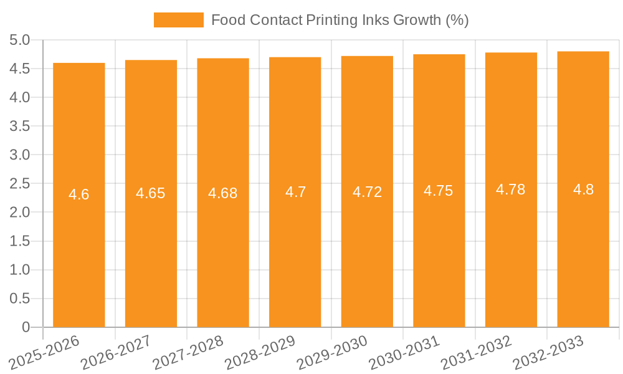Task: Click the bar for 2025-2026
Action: [x=79, y=249]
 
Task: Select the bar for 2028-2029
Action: [x=295, y=249]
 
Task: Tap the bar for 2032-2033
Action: [x=583, y=249]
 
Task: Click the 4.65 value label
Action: [x=151, y=193]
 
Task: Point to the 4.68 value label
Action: [x=223, y=193]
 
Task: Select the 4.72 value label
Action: [x=367, y=192]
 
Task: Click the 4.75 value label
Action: [x=439, y=191]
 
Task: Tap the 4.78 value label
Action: [x=511, y=189]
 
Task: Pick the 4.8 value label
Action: [x=583, y=189]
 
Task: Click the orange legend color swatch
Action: [x=179, y=20]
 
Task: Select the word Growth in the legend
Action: [x=417, y=20]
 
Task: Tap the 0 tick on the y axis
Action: [x=26, y=327]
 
